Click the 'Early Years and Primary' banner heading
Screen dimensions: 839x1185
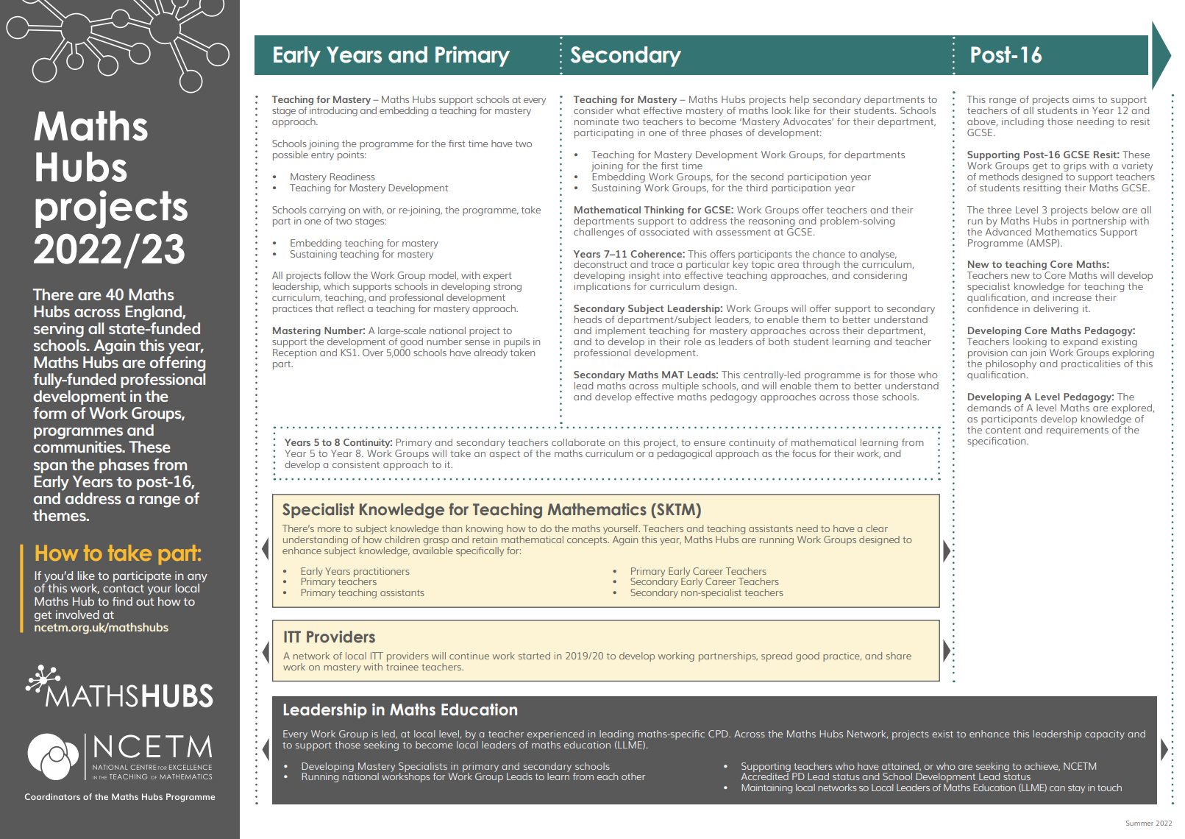click(391, 55)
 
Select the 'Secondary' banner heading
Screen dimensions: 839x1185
click(625, 55)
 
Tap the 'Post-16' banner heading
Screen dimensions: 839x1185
click(1006, 55)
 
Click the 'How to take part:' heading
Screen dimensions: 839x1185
click(118, 553)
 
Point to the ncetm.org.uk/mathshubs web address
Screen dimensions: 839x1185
click(101, 628)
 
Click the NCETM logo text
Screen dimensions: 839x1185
click(152, 748)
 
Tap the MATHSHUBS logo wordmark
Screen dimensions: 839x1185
click(129, 696)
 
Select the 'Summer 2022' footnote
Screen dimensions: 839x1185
click(1148, 824)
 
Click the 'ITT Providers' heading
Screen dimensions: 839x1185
click(329, 637)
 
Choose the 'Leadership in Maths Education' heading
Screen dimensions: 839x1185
click(400, 710)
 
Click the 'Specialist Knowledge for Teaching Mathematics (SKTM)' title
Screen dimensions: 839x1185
click(491, 510)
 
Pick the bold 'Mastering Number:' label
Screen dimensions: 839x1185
click(319, 331)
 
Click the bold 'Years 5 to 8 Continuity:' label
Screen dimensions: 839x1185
click(338, 443)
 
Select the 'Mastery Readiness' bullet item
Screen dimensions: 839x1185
click(332, 177)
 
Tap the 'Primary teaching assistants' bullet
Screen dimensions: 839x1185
click(362, 593)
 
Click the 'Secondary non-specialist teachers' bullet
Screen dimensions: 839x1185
click(706, 593)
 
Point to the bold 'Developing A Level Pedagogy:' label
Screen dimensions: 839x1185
click(1040, 397)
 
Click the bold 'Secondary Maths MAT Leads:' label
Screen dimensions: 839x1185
click(646, 375)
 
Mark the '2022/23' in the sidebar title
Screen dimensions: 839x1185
click(110, 249)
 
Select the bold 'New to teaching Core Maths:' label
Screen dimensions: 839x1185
click(1038, 265)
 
